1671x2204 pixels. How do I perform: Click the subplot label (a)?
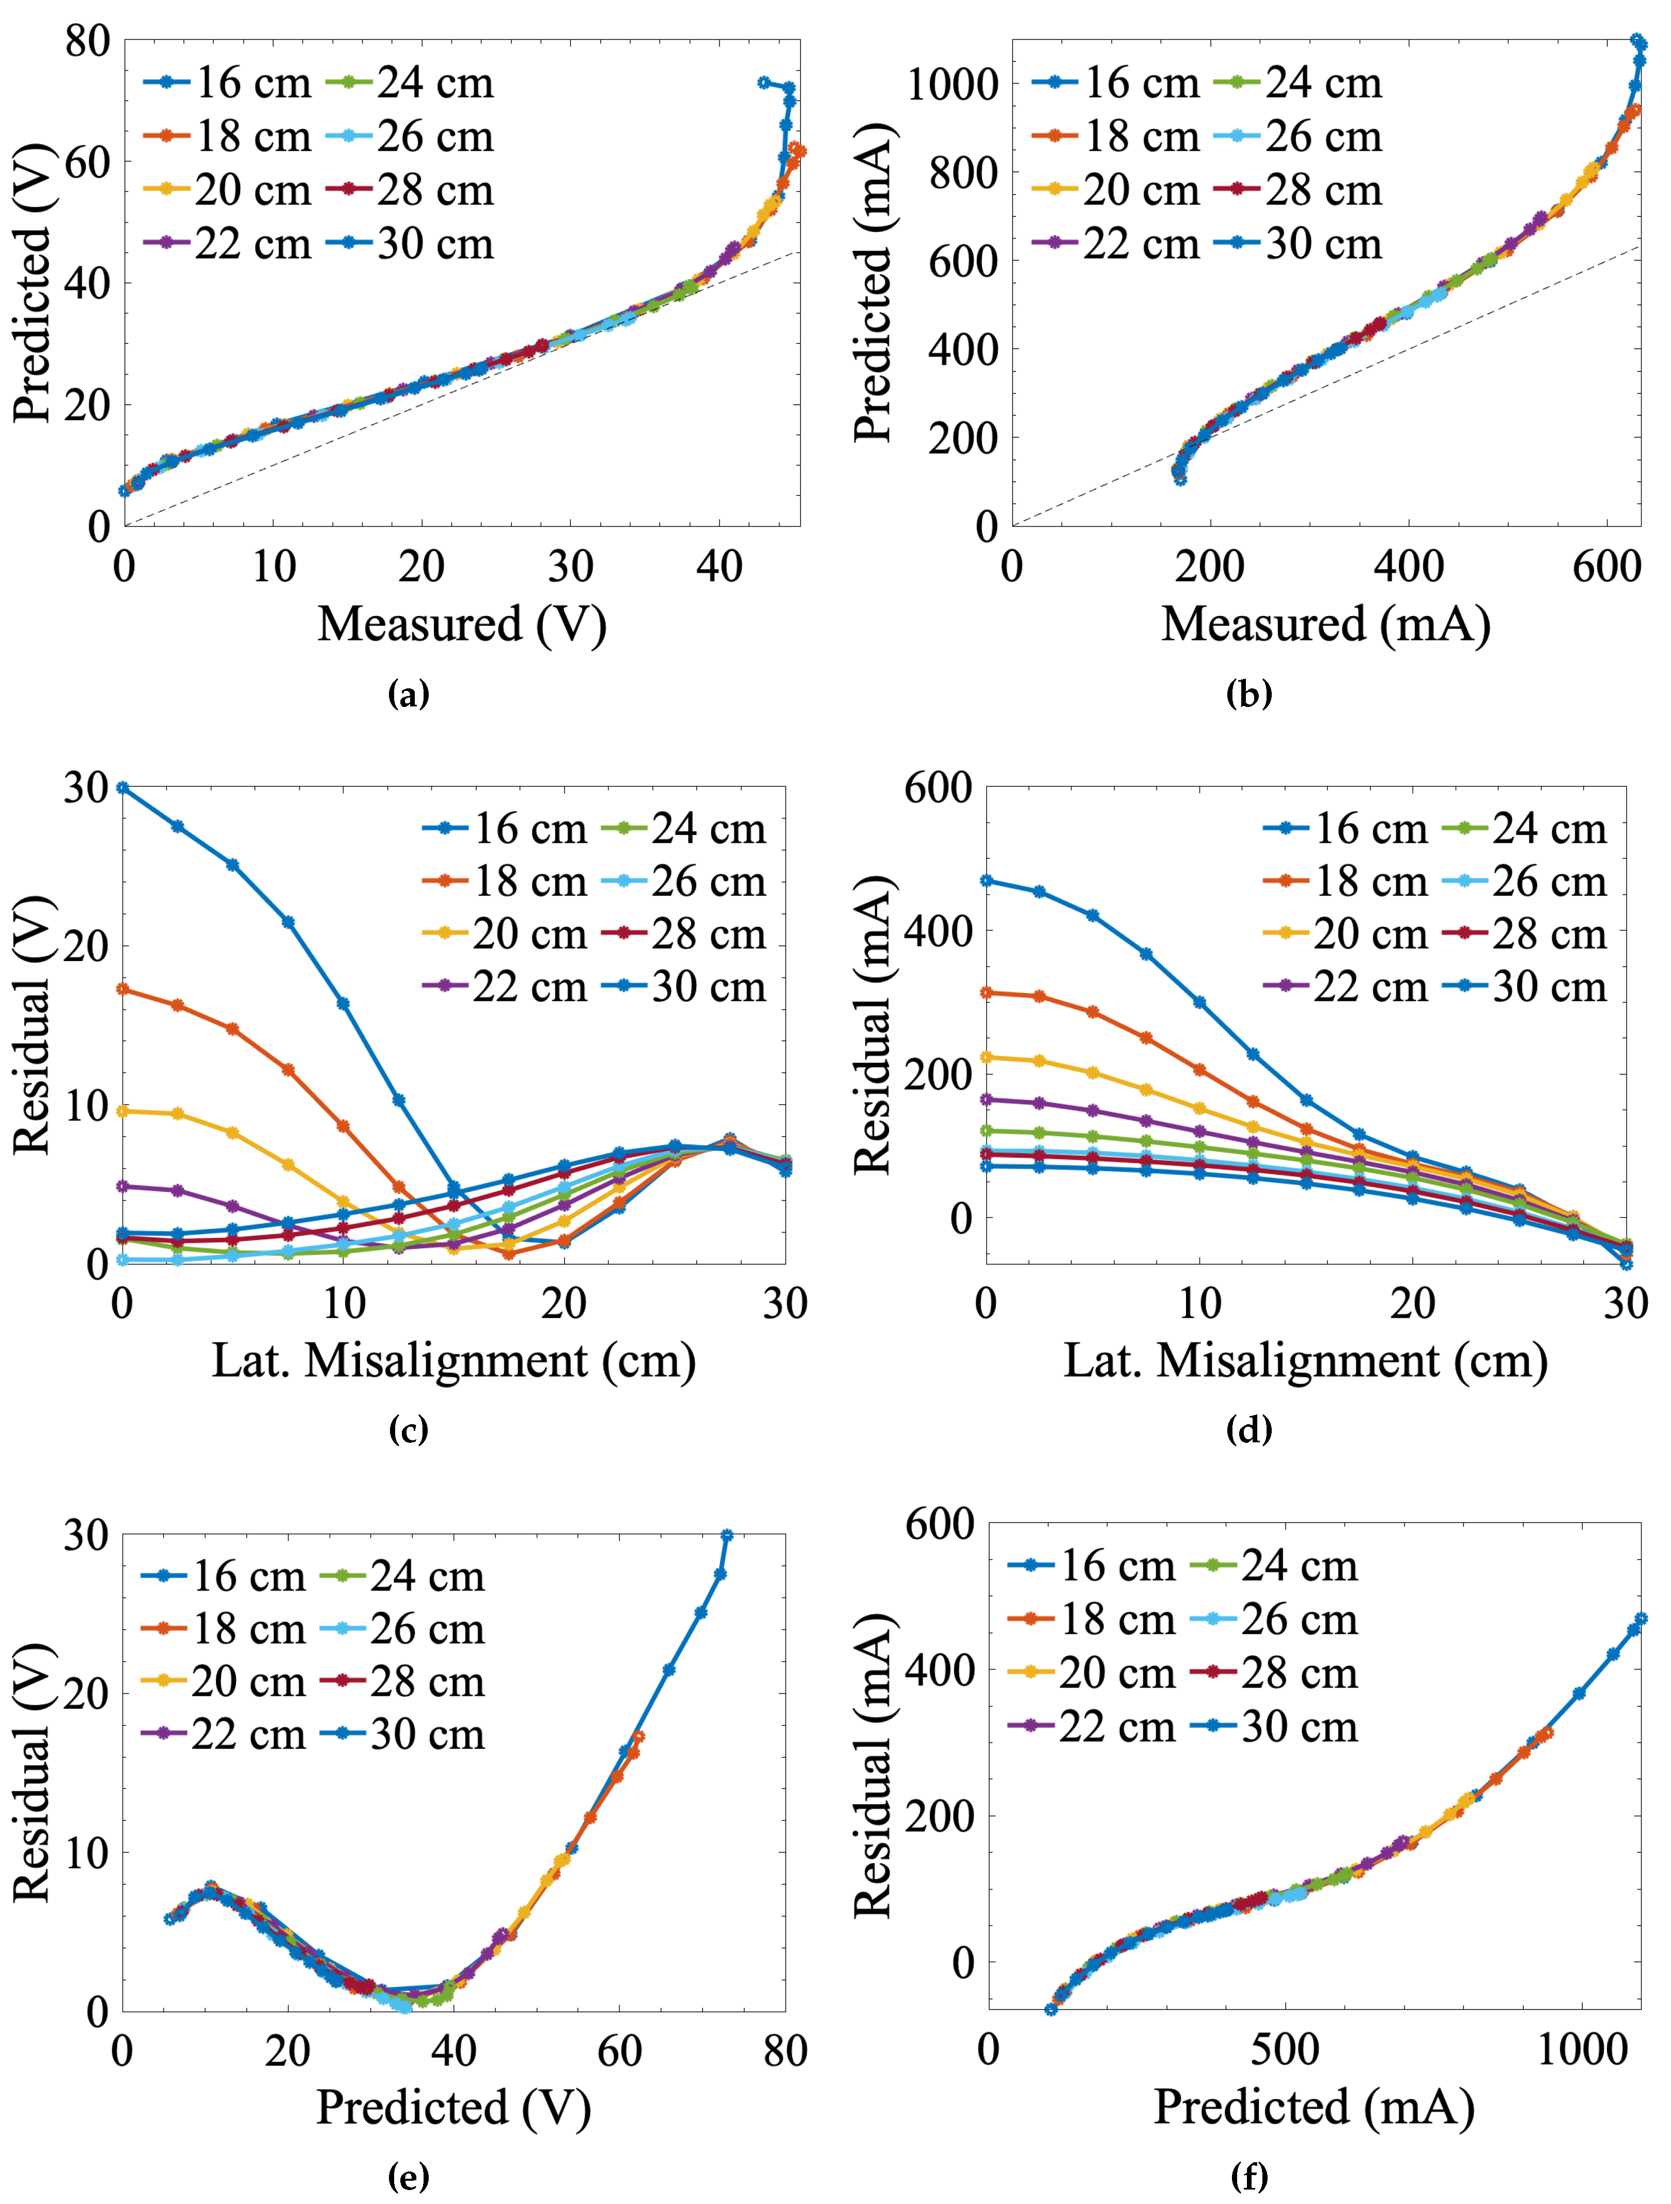coord(409,695)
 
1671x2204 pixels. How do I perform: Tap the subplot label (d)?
coord(1248,1430)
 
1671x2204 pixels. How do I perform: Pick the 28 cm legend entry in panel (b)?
coord(1299,191)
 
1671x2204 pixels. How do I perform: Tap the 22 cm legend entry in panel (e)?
coord(224,1735)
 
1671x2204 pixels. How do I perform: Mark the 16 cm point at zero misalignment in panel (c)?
coord(122,787)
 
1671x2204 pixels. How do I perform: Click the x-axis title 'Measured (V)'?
coord(461,625)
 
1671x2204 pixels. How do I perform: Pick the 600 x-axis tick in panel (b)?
coord(1606,567)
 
